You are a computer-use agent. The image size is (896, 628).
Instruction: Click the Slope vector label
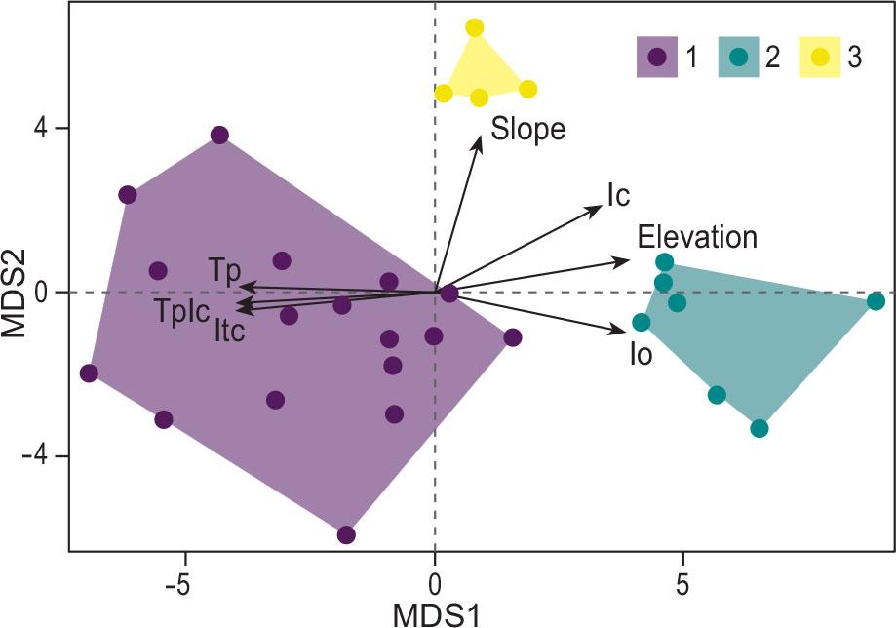point(527,129)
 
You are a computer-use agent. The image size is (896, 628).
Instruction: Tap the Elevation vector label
point(697,237)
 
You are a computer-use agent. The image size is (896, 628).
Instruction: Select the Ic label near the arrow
point(618,195)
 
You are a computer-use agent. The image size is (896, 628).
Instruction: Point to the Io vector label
point(641,353)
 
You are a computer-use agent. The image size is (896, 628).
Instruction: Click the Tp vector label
point(224,270)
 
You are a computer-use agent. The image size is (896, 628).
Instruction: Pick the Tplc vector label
point(180,311)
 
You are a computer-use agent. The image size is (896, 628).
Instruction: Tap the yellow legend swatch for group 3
point(821,57)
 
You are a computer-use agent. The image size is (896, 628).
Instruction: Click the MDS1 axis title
point(435,614)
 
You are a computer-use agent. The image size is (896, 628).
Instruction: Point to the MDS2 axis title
point(17,292)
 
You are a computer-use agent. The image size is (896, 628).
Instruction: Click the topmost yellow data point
point(474,27)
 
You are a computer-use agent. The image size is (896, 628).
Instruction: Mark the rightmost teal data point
point(876,301)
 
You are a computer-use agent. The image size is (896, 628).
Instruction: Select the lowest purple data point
point(346,534)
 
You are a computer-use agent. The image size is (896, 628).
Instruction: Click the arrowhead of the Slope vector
point(481,139)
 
